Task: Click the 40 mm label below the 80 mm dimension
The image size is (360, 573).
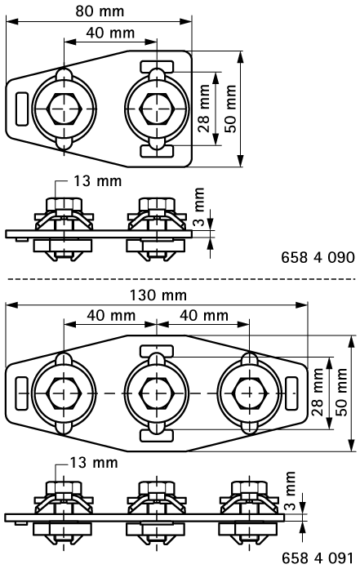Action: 108,33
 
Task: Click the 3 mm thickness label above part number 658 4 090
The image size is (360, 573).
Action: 200,199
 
